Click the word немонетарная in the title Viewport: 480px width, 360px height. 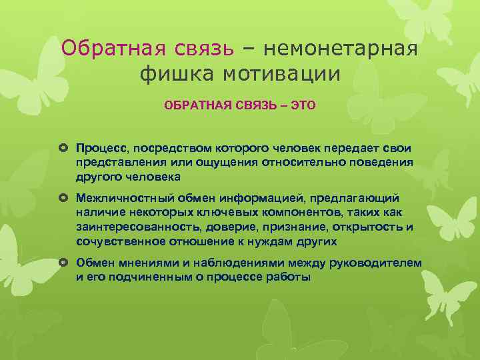[341, 48]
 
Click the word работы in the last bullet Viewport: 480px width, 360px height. [289, 277]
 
